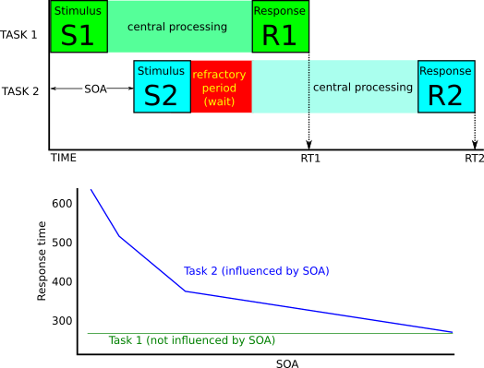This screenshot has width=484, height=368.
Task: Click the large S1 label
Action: point(78,35)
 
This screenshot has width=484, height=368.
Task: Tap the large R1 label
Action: point(280,35)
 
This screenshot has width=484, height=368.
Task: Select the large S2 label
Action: point(161,95)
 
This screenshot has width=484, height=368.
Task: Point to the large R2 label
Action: point(445,95)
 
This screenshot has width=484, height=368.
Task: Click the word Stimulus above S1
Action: point(78,11)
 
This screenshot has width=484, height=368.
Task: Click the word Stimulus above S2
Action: point(161,71)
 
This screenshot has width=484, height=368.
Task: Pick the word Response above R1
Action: point(280,11)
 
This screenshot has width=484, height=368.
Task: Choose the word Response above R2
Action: point(445,71)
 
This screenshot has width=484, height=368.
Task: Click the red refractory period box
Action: point(221,88)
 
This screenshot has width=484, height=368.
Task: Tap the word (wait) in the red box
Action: point(220,101)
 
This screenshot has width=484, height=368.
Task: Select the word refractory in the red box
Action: point(220,75)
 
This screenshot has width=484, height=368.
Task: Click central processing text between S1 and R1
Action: point(177,27)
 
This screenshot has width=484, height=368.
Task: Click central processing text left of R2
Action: point(363,87)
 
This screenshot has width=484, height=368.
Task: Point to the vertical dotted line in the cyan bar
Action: point(309,88)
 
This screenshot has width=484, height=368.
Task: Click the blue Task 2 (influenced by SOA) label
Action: point(256,271)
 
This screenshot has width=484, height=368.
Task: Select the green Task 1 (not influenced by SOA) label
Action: point(191,340)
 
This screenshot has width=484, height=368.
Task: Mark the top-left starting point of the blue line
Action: point(91,189)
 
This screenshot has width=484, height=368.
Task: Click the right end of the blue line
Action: point(453,332)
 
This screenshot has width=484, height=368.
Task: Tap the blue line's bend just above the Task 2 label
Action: point(186,291)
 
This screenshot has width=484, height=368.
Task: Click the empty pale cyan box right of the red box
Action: point(279,88)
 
